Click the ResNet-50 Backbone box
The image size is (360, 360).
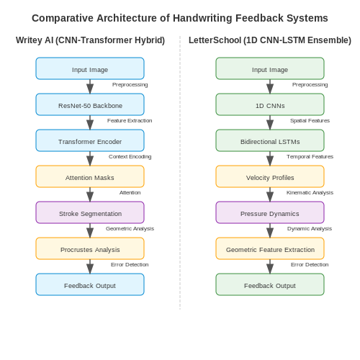[x=90, y=104]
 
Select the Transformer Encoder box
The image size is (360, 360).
[x=90, y=140]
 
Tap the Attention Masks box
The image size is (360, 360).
[x=90, y=176]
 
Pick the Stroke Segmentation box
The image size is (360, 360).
[x=90, y=212]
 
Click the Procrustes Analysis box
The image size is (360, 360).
[x=90, y=248]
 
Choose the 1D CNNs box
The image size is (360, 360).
[x=270, y=104]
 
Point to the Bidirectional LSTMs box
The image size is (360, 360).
[x=270, y=140]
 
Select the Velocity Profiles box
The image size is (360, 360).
[x=270, y=176]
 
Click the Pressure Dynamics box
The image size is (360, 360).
[x=270, y=212]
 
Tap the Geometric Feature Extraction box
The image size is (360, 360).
[x=270, y=248]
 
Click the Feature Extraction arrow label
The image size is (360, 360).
[x=130, y=120]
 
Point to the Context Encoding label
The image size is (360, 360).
[x=130, y=157]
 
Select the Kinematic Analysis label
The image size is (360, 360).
[x=310, y=193]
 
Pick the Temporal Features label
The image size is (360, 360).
[x=310, y=157]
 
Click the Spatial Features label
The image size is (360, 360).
[x=310, y=121]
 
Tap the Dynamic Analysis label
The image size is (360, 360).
[x=310, y=229]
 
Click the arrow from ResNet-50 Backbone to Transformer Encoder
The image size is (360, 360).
[x=90, y=122]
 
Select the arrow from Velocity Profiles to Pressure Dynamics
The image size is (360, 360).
[x=270, y=194]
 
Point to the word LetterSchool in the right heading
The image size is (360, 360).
[x=215, y=40]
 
